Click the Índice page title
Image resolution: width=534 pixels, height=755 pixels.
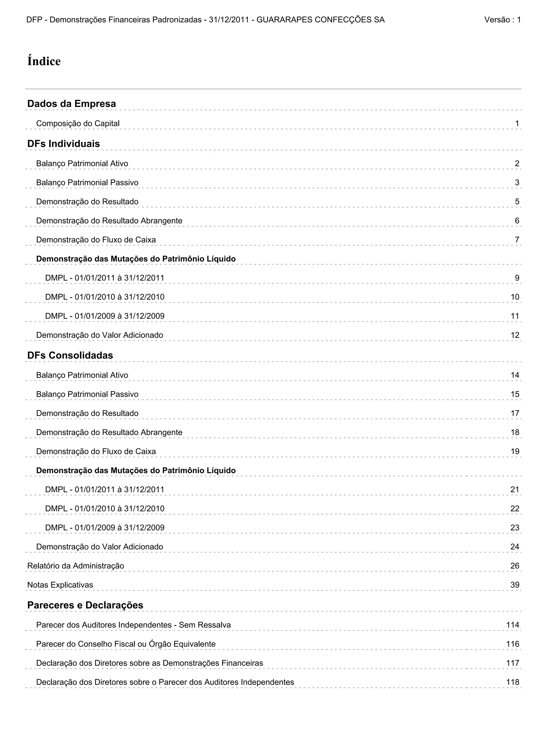[44, 62]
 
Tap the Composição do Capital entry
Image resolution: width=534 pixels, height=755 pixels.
[78, 123]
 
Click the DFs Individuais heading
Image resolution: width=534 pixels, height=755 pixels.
[63, 144]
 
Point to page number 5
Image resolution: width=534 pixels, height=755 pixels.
[517, 202]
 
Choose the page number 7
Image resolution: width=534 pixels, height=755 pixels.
[517, 240]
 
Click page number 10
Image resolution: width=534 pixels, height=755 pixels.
[515, 297]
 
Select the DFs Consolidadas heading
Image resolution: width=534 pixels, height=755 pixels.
[70, 355]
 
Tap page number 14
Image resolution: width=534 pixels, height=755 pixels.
[515, 375]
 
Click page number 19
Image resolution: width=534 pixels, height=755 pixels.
[515, 452]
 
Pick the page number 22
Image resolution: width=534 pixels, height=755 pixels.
[515, 509]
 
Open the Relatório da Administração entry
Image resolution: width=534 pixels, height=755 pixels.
[76, 566]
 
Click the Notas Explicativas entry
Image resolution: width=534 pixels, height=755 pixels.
[60, 585]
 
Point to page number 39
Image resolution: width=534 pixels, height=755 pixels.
[515, 585]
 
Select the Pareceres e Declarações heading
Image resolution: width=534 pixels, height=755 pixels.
[85, 605]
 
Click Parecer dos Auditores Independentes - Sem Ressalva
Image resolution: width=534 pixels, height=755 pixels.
[133, 625]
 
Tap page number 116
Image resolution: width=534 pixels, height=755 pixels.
[513, 644]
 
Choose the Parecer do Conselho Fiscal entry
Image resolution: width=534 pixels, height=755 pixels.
[126, 644]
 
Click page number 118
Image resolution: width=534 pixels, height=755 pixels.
[513, 682]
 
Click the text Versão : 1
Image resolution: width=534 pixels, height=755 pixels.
[502, 20]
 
